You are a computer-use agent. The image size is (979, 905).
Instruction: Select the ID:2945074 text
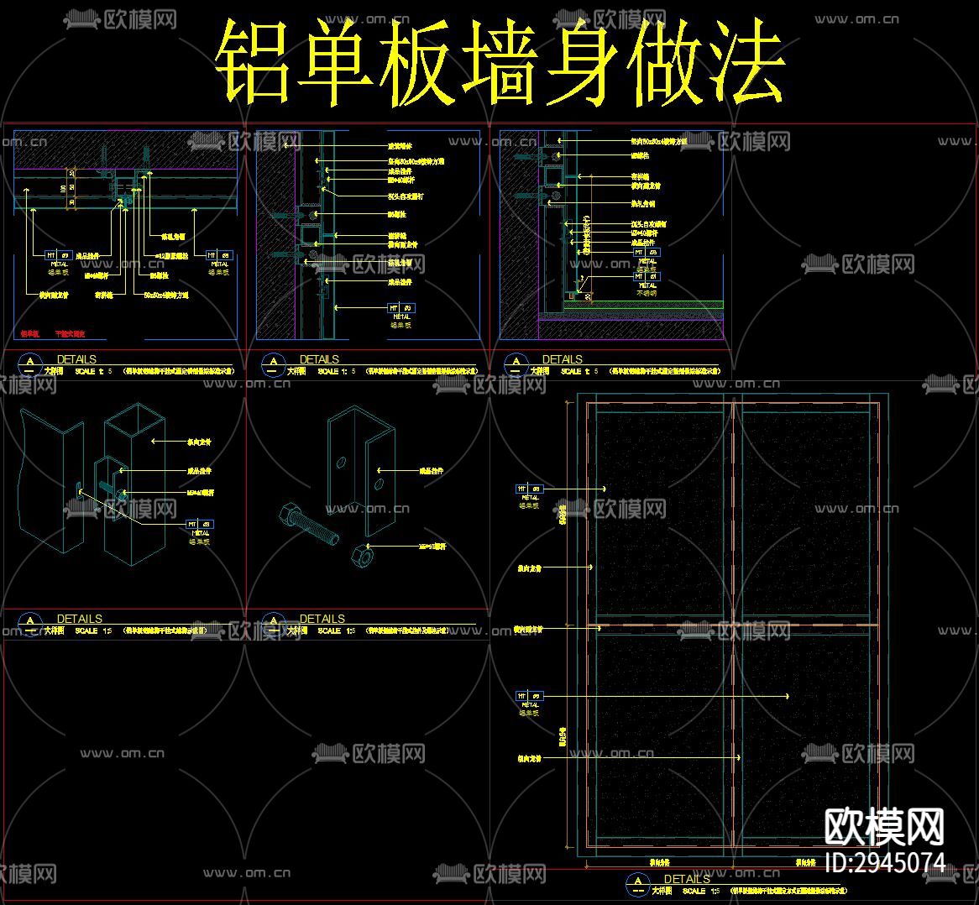tap(885, 862)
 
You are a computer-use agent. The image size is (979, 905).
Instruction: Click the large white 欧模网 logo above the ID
tap(884, 826)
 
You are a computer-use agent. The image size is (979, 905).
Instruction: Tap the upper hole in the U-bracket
tap(341, 461)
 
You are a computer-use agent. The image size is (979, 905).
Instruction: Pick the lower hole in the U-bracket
tap(379, 485)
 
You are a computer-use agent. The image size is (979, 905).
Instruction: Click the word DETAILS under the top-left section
tap(76, 359)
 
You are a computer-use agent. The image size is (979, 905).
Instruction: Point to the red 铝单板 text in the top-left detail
tap(29, 333)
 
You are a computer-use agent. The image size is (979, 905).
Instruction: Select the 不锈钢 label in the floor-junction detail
tap(647, 295)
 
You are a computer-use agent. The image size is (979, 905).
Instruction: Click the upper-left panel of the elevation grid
tap(660, 512)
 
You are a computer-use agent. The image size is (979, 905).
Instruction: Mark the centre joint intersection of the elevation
tap(733, 625)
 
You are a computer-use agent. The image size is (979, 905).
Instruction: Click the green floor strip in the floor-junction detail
tap(642, 304)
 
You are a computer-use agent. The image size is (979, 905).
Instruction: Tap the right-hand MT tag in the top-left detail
tap(220, 254)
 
